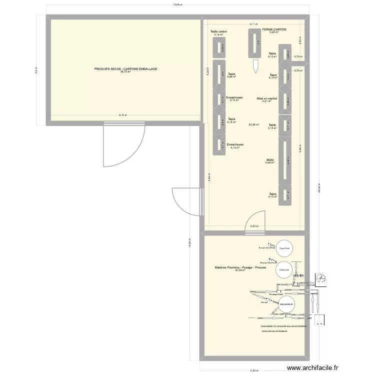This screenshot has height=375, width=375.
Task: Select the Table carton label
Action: tap(218, 31)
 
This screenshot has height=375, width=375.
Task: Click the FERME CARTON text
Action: tap(274, 29)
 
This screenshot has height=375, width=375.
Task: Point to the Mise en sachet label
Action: tap(267, 98)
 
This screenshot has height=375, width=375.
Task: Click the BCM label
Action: tap(270, 159)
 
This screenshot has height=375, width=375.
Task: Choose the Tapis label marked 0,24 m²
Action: tap(231, 74)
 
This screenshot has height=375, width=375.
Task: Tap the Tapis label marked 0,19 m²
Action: tap(273, 75)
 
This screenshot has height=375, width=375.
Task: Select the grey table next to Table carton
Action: tap(219, 47)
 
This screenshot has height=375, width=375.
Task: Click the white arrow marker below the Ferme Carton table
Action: tap(255, 65)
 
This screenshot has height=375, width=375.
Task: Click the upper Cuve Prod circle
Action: tap(285, 248)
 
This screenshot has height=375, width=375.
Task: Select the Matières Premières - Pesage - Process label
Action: tap(240, 267)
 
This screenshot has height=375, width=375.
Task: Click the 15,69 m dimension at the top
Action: tap(177, 5)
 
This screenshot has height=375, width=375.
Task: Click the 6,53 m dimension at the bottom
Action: tap(254, 370)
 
